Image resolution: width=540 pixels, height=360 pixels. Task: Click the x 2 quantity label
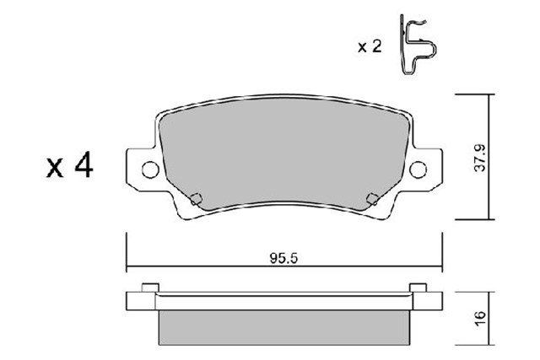(x=369, y=47)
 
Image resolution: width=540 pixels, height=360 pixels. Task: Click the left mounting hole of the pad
(x=149, y=170)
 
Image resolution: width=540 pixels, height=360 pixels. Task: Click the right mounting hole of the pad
(x=418, y=170)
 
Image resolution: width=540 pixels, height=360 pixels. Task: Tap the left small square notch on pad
(x=196, y=199)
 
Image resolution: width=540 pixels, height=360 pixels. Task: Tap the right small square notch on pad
(x=371, y=199)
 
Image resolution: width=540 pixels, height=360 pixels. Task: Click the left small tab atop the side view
(x=150, y=287)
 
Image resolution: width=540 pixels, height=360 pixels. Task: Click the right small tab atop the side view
(x=416, y=287)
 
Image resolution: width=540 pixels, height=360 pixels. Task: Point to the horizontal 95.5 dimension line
(x=211, y=268)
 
